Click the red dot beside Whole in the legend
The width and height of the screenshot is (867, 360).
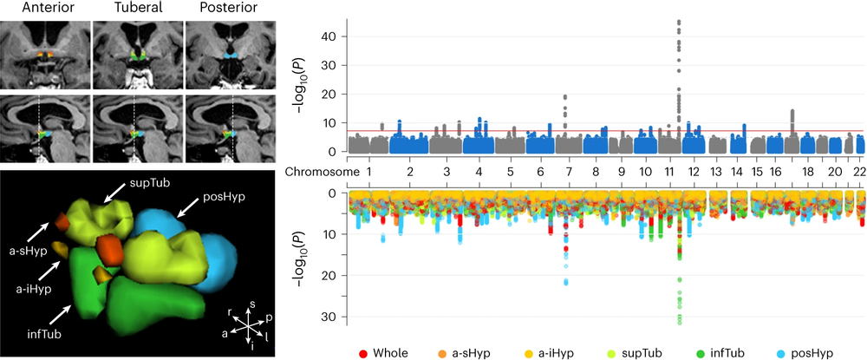pos(364,353)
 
